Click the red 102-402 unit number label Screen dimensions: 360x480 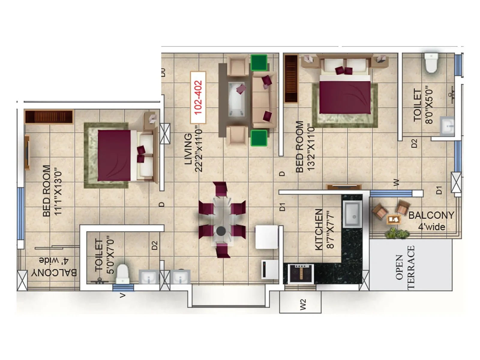(x=198, y=97)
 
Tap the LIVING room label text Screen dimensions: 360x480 (x=188, y=149)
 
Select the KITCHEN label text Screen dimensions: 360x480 (x=319, y=229)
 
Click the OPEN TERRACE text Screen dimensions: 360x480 (x=405, y=267)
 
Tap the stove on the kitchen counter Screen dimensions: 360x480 (x=301, y=273)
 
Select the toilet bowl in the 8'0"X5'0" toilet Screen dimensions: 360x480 (x=431, y=63)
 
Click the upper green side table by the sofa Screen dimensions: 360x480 (x=259, y=62)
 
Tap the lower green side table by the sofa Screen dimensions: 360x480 (x=259, y=138)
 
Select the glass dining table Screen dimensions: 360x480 (x=222, y=220)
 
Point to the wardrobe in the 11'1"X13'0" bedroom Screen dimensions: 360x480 (x=49, y=117)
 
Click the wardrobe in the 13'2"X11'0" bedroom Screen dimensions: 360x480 (x=291, y=79)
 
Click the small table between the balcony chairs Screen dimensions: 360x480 (x=393, y=219)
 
